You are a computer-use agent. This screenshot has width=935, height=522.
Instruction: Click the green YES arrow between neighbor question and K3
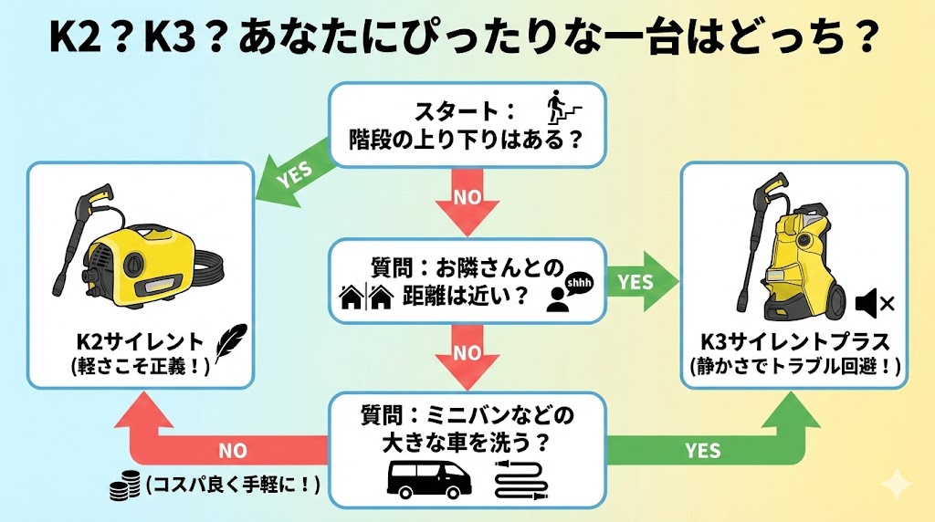click(x=643, y=282)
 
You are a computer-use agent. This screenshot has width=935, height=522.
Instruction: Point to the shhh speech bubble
click(x=579, y=284)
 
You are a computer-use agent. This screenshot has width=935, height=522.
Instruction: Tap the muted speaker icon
click(x=873, y=301)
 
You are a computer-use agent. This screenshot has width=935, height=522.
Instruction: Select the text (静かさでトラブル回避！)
click(x=794, y=366)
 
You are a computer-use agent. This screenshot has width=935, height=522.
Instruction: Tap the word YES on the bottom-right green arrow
click(x=701, y=451)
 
